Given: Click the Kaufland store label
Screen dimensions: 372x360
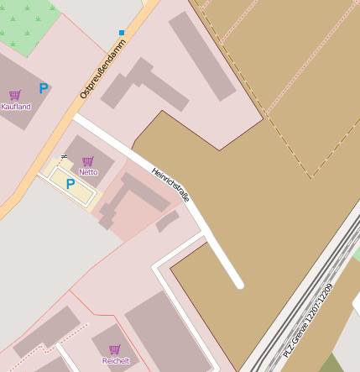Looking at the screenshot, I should coord(16,107).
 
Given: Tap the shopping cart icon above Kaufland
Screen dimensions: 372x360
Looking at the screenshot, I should coord(14,95).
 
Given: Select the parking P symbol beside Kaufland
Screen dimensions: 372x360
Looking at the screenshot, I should coord(43,87).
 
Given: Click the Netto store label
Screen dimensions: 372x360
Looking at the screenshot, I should coord(88,171).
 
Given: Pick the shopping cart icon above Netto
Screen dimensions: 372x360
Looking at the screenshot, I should coord(87,160).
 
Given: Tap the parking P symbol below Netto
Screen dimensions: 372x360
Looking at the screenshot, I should coord(70,184).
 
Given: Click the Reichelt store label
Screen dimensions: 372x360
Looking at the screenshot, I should coord(116,360).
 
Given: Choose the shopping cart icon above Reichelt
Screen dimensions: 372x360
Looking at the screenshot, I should coord(114,349).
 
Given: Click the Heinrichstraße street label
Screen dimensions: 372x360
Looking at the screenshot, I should coord(170,185).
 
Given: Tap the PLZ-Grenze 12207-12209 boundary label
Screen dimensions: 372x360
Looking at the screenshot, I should coord(308,318).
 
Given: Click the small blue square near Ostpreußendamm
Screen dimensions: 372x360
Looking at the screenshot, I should coord(122,33).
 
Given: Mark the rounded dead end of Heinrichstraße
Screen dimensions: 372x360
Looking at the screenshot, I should coord(239,285).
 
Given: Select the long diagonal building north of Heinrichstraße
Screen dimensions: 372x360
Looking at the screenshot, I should coord(201,55).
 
